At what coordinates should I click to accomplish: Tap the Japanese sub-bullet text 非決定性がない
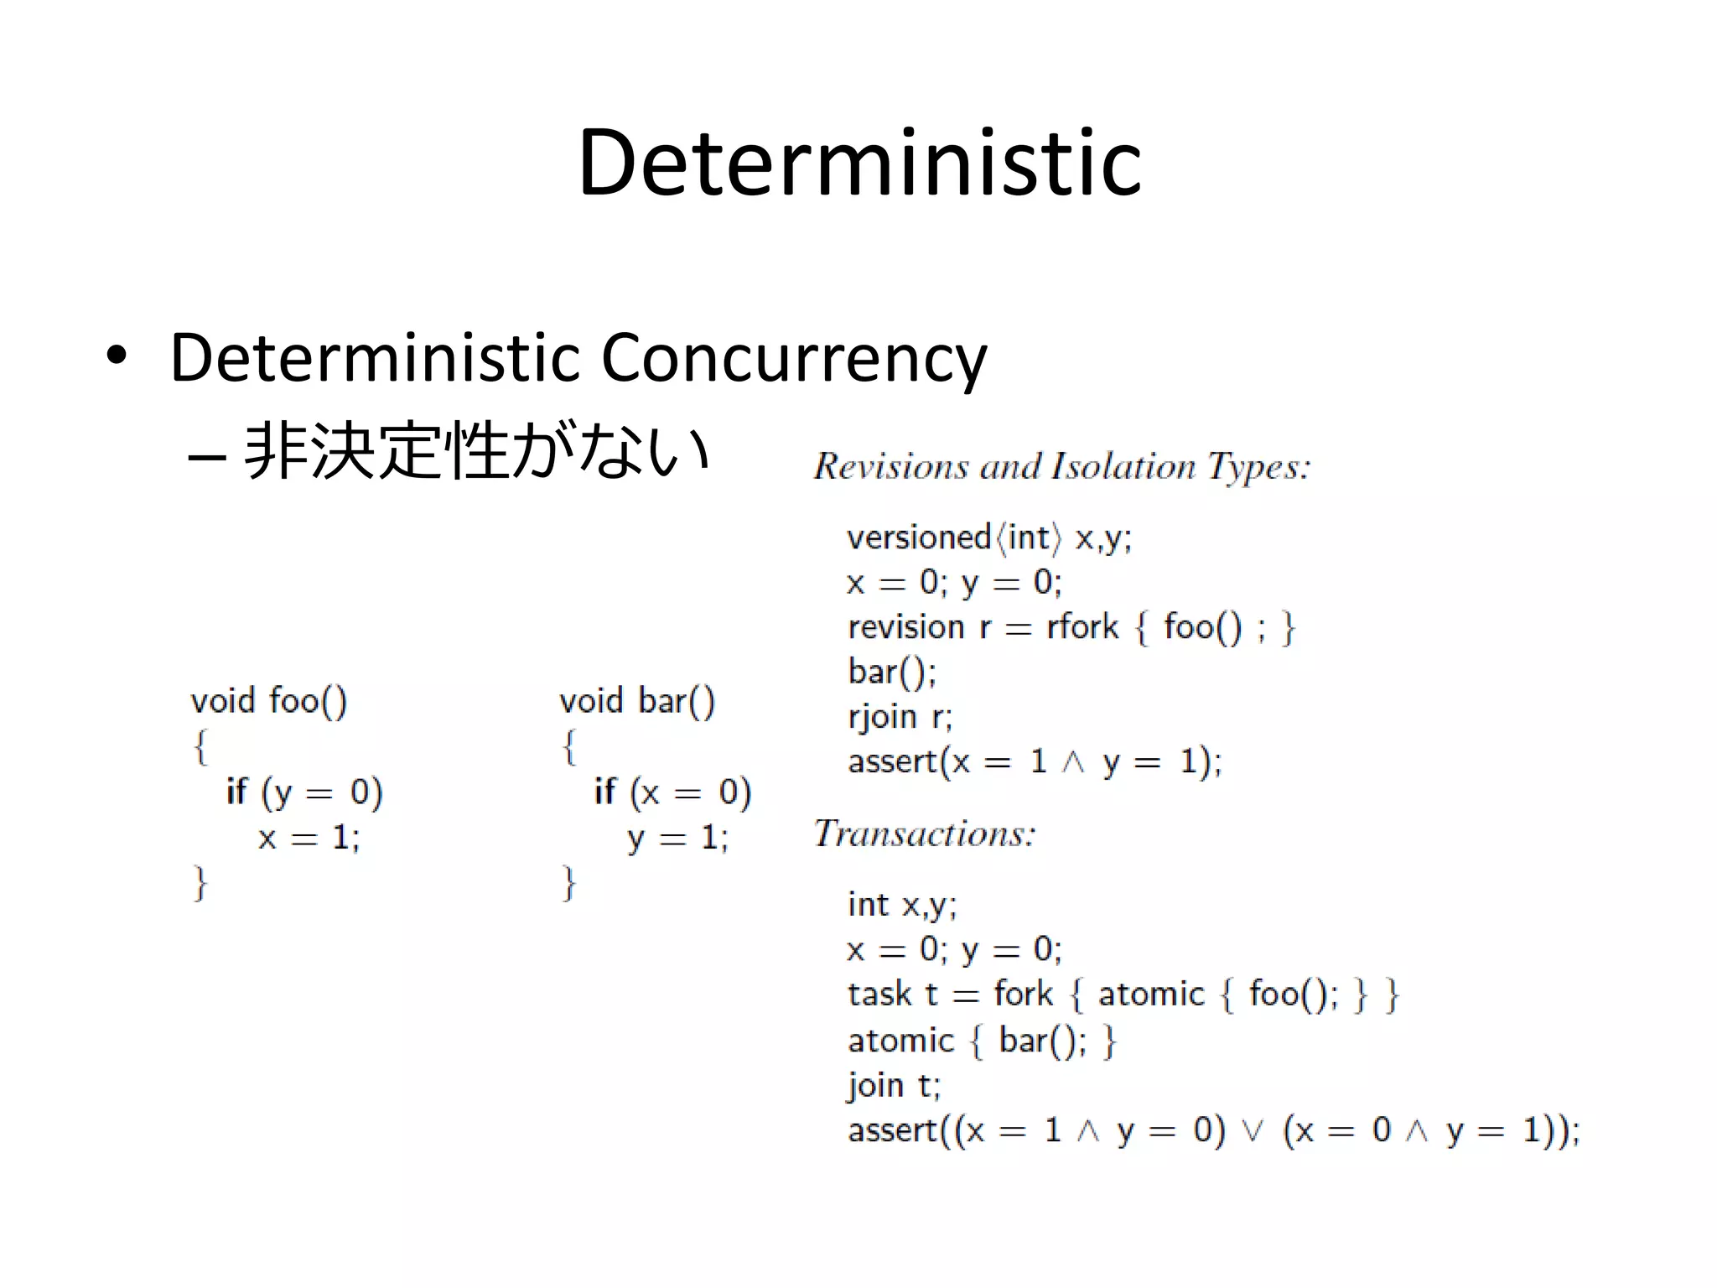pyautogui.click(x=476, y=451)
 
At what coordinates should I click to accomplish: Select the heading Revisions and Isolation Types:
pyautogui.click(x=1061, y=466)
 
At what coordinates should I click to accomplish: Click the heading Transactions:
pyautogui.click(x=925, y=834)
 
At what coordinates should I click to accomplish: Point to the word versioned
pyautogui.click(x=919, y=538)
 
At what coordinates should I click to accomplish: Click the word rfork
pyautogui.click(x=1082, y=626)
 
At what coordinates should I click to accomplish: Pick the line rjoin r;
pyautogui.click(x=900, y=717)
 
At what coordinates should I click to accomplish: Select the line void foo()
pyautogui.click(x=268, y=700)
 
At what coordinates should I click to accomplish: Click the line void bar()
pyautogui.click(x=637, y=700)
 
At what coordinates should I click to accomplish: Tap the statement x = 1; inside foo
pyautogui.click(x=309, y=837)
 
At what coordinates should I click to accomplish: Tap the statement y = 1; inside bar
pyautogui.click(x=677, y=837)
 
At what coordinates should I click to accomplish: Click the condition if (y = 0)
pyautogui.click(x=304, y=792)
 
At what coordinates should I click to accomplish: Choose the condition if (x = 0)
pyautogui.click(x=672, y=792)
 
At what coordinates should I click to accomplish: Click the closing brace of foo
pyautogui.click(x=200, y=883)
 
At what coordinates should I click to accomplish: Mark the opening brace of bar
pyautogui.click(x=569, y=745)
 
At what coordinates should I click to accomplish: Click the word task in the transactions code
pyautogui.click(x=879, y=995)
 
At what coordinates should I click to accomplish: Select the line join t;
pyautogui.click(x=895, y=1085)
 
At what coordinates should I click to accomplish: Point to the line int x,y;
pyautogui.click(x=902, y=905)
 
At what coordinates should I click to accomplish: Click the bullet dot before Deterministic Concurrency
pyautogui.click(x=117, y=356)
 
